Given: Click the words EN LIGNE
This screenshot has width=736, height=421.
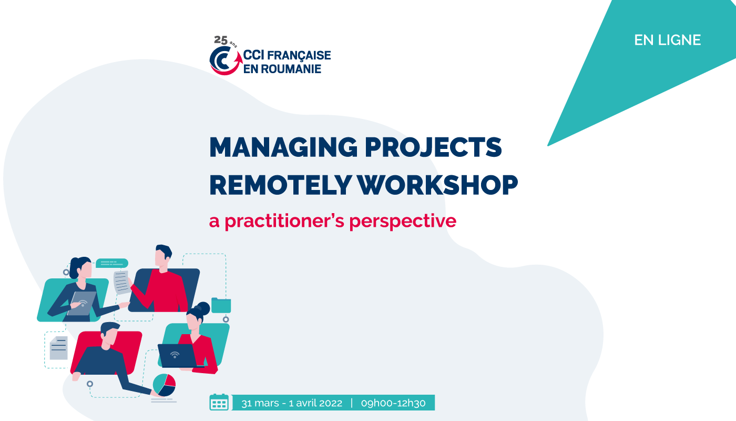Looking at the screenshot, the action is click(x=667, y=40).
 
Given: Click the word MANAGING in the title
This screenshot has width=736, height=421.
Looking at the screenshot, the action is click(x=283, y=147).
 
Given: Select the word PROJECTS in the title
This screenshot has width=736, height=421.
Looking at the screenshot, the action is click(x=433, y=147).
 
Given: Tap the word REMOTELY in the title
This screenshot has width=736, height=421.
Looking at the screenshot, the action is click(x=281, y=185).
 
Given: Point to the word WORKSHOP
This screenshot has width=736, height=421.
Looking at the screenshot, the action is click(x=437, y=185).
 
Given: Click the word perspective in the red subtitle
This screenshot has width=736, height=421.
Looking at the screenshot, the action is click(x=403, y=221).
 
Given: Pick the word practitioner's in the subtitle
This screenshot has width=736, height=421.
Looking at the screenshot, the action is click(x=284, y=221).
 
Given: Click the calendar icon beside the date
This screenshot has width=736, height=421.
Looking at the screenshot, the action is click(x=219, y=402).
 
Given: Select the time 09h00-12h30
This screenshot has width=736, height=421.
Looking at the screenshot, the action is click(x=393, y=403).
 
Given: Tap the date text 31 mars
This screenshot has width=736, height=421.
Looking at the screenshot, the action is click(x=260, y=403).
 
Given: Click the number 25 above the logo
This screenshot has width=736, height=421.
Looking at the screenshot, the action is click(x=221, y=40).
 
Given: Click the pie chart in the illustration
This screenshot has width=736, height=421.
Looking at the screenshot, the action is click(x=164, y=385).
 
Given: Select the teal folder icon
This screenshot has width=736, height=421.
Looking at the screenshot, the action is click(x=221, y=305).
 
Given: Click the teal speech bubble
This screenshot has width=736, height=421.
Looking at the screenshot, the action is click(x=112, y=263).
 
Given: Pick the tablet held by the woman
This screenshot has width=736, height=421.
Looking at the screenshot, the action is click(x=82, y=303).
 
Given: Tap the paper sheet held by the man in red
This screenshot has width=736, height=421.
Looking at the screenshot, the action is click(x=121, y=282).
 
